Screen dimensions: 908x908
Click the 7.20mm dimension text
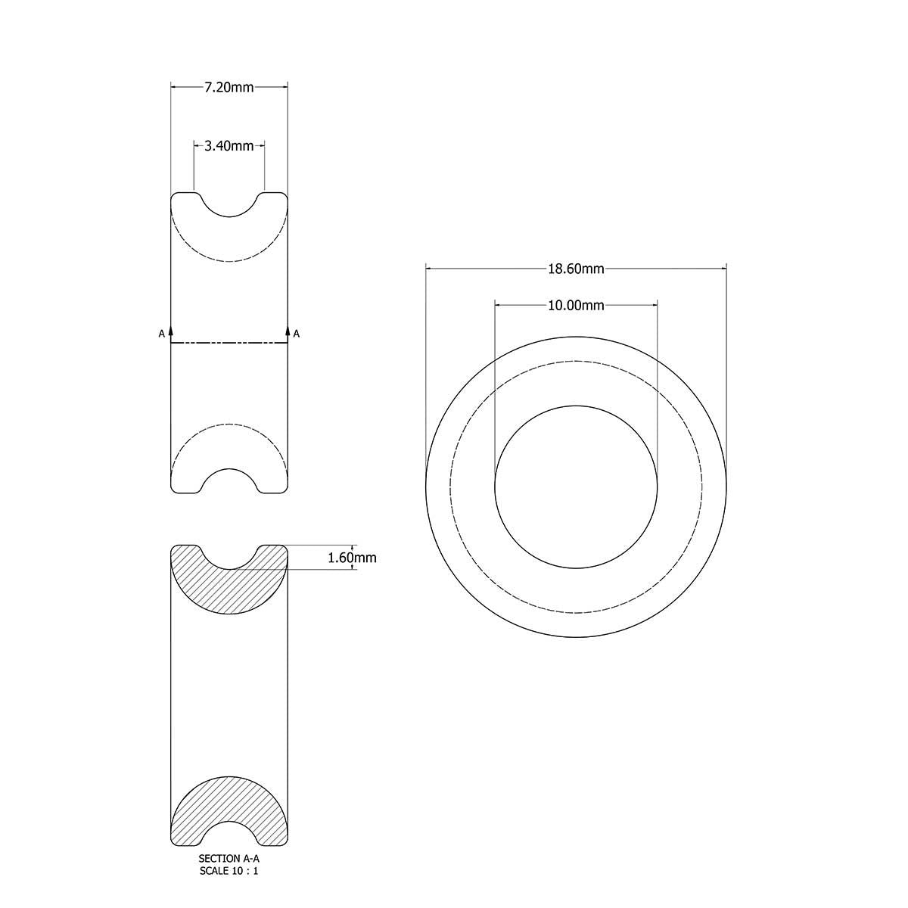pos(229,87)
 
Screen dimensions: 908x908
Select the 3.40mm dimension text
pos(229,146)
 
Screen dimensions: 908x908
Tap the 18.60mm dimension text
pos(576,268)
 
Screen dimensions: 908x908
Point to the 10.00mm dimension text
pos(576,305)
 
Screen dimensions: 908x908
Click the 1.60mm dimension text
pos(352,558)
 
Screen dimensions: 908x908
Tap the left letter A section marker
pos(160,333)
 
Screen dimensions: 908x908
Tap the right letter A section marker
pos(297,333)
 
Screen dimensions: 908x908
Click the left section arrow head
pos(171,331)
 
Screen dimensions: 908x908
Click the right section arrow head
pos(288,331)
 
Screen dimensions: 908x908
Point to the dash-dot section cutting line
pos(229,344)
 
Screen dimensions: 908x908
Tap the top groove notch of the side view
pos(229,206)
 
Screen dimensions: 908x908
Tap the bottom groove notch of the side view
pos(229,480)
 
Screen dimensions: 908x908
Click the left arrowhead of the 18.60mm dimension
pos(430,268)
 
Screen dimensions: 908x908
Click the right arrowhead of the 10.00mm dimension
pos(653,305)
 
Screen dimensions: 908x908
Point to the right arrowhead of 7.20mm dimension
pos(284,87)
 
